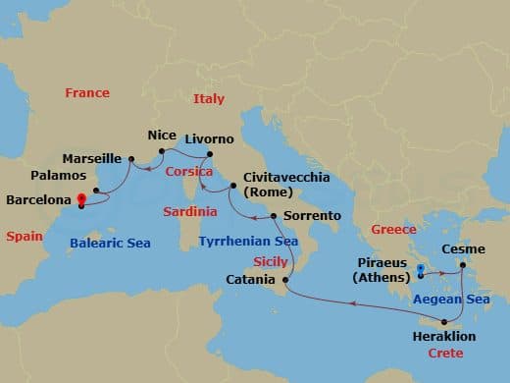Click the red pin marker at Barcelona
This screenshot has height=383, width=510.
(x=81, y=199)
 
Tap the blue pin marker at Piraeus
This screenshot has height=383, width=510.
(x=419, y=269)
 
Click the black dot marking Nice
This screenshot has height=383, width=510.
(x=161, y=150)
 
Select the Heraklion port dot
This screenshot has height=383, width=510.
(x=444, y=322)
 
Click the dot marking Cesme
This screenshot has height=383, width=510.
(x=461, y=264)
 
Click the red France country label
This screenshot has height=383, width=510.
(x=87, y=93)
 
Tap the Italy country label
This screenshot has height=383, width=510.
(x=209, y=98)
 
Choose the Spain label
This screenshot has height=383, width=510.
(x=23, y=237)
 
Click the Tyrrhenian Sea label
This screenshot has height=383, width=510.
(x=249, y=241)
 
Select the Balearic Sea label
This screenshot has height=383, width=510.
(x=110, y=242)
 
